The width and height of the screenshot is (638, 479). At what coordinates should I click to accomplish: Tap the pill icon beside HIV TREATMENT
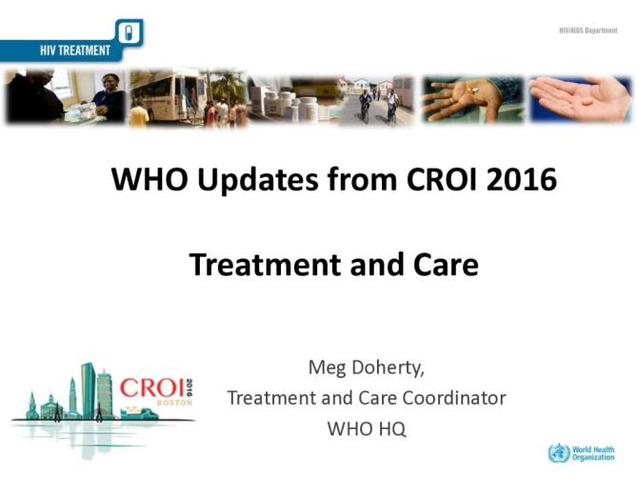click(x=131, y=35)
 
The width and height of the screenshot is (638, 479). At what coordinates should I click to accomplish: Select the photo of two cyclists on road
click(x=377, y=99)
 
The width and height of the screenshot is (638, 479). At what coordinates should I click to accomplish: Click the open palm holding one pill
click(x=580, y=98)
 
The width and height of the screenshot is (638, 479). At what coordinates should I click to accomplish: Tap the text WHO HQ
click(x=367, y=429)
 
